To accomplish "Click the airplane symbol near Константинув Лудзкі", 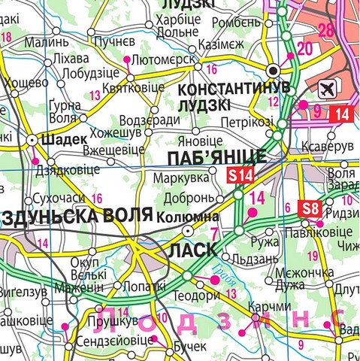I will (x=328, y=89).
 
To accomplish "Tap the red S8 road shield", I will (x=310, y=208).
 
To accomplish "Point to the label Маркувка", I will (x=180, y=180).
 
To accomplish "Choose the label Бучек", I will (x=189, y=345).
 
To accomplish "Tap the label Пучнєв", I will (x=115, y=39).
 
